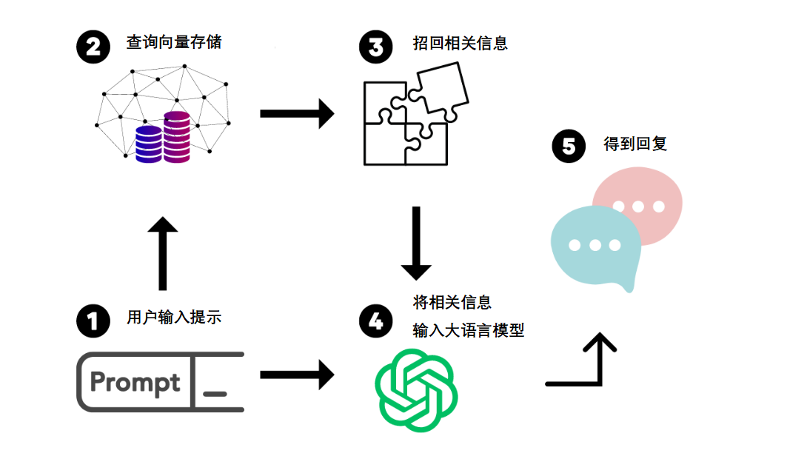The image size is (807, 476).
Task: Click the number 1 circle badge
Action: click(x=93, y=321)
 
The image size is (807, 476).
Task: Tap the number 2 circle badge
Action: click(x=93, y=47)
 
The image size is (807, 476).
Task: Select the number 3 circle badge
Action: click(x=375, y=47)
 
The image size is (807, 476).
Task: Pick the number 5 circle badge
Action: click(x=569, y=146)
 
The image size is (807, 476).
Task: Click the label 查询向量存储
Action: click(x=174, y=42)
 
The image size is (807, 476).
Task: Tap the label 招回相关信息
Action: click(x=460, y=43)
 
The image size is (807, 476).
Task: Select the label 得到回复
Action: click(x=635, y=144)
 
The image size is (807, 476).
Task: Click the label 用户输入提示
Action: click(x=174, y=318)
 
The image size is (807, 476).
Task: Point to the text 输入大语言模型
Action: click(x=468, y=330)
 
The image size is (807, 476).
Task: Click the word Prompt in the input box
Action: click(x=135, y=383)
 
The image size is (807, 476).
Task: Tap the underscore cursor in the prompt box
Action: click(x=215, y=393)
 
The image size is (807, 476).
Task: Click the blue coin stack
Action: click(x=148, y=144)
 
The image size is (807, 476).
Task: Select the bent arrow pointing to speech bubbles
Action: click(x=589, y=366)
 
